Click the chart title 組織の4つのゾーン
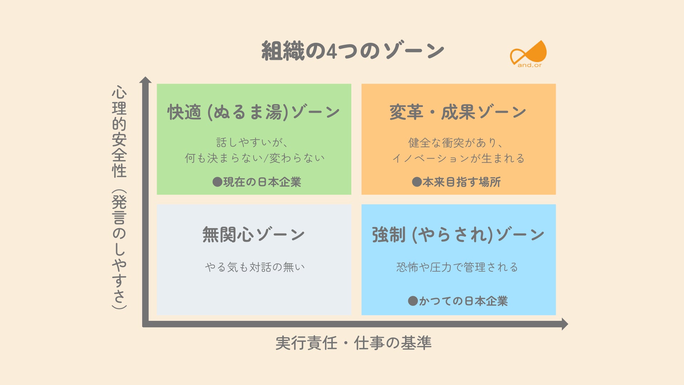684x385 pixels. pyautogui.click(x=353, y=51)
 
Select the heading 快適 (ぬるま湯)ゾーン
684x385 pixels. pyautogui.click(x=254, y=112)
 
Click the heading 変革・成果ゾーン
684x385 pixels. pyautogui.click(x=458, y=112)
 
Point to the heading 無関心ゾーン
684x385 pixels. pyautogui.click(x=254, y=235)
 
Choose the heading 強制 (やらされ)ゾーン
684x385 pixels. pyautogui.click(x=458, y=235)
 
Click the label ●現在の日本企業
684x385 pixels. pyautogui.click(x=257, y=182)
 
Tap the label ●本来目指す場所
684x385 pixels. pyautogui.click(x=456, y=182)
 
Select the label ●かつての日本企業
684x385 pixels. pyautogui.click(x=458, y=301)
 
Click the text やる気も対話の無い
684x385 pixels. pyautogui.click(x=254, y=267)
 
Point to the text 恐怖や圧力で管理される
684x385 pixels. pyautogui.click(x=457, y=267)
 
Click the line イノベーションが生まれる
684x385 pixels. pyautogui.click(x=458, y=158)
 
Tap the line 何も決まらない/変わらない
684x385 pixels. pyautogui.click(x=254, y=158)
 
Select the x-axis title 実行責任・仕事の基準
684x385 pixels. pyautogui.click(x=353, y=343)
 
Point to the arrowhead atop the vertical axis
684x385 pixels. pyautogui.click(x=145, y=80)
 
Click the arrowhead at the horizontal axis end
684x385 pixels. pyautogui.click(x=564, y=324)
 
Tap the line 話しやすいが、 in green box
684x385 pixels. pyautogui.click(x=252, y=143)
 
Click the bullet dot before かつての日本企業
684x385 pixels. pyautogui.click(x=413, y=301)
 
